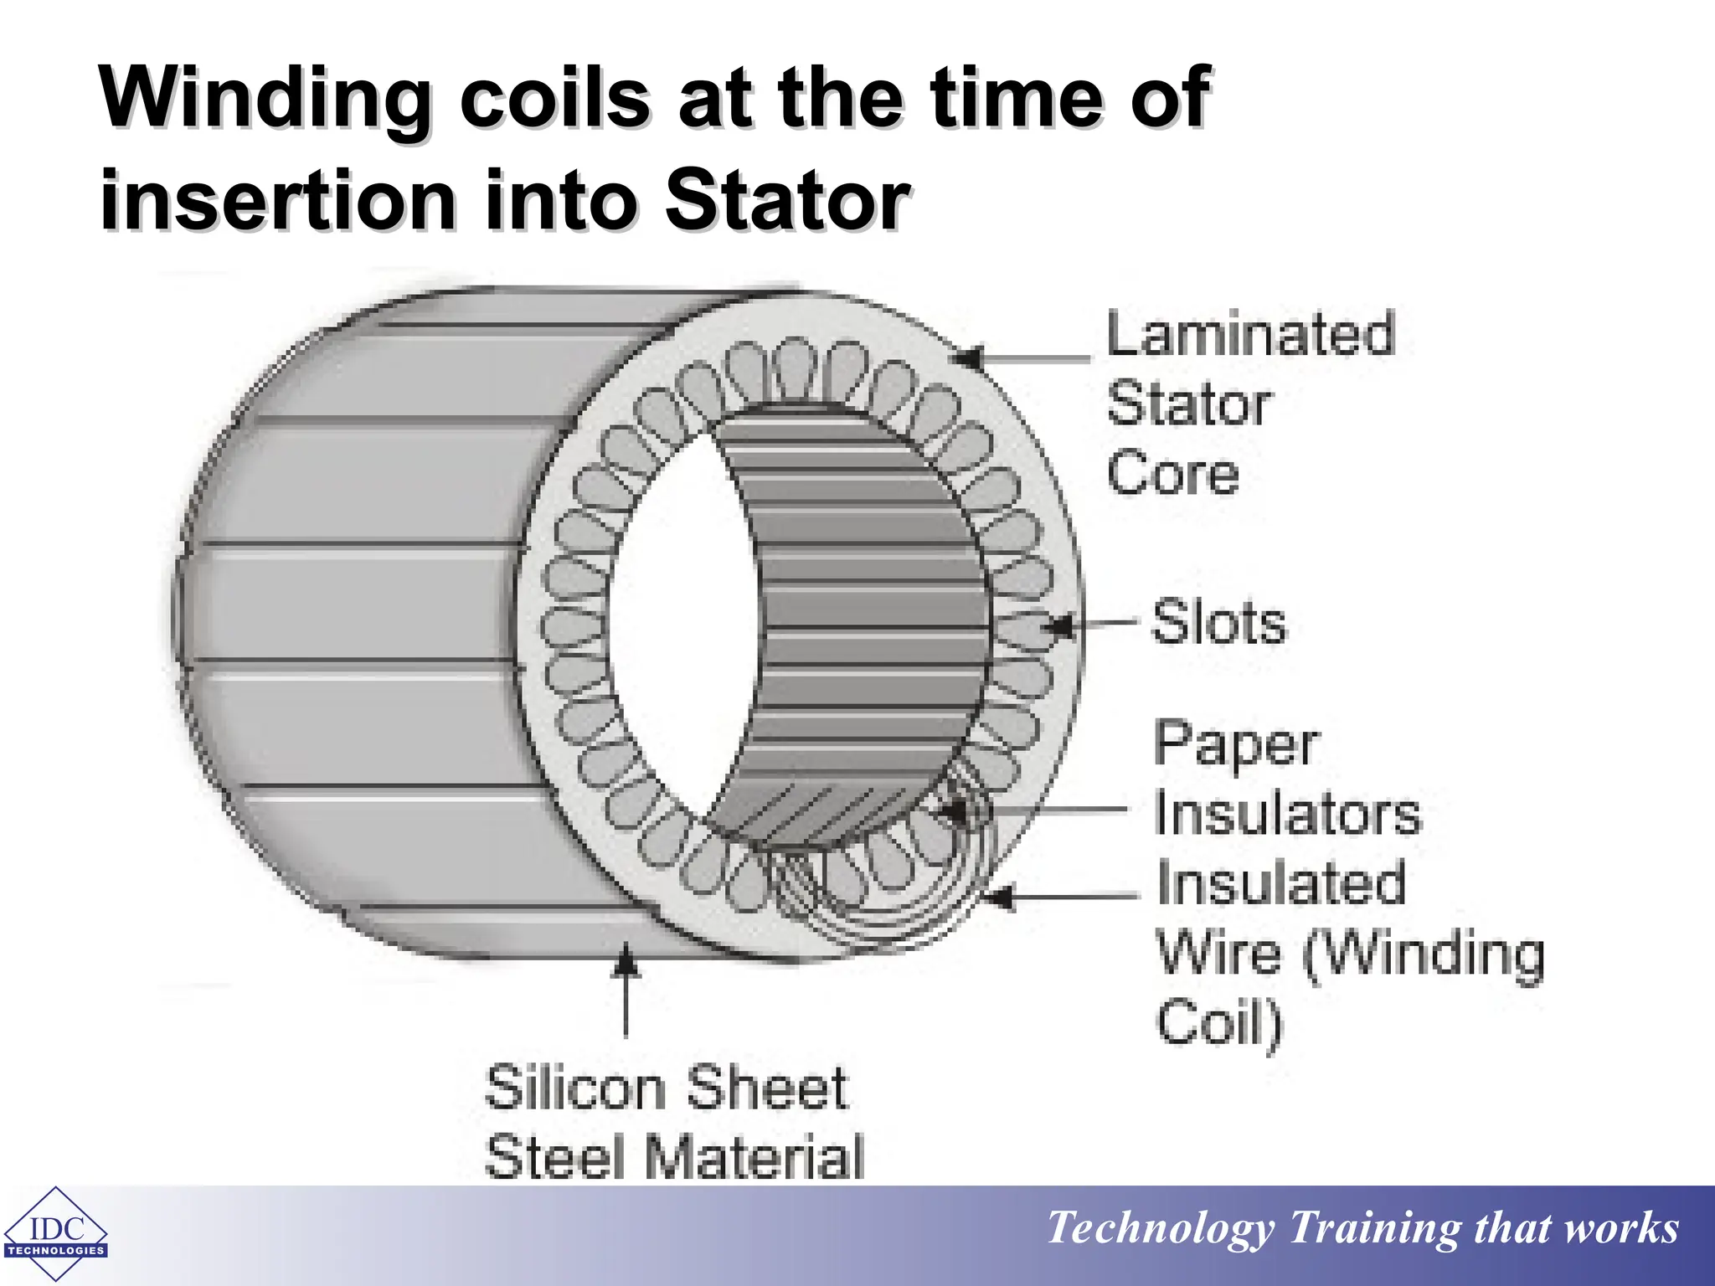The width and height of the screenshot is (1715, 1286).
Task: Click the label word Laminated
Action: pos(1250,334)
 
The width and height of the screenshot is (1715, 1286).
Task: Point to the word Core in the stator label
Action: pos(1172,474)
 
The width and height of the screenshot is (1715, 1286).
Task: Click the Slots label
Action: pos(1218,623)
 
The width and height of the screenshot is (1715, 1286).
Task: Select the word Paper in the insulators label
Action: pos(1236,743)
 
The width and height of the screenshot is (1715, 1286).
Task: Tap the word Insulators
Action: pos(1287,813)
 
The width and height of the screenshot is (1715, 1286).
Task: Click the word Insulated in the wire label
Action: pos(1280,883)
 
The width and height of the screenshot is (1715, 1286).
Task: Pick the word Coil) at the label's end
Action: pos(1218,1023)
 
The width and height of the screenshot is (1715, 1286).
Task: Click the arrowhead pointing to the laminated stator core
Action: pos(970,358)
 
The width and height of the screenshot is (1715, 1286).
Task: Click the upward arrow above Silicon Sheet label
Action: pos(626,963)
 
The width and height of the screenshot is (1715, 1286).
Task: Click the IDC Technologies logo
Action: pos(55,1234)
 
